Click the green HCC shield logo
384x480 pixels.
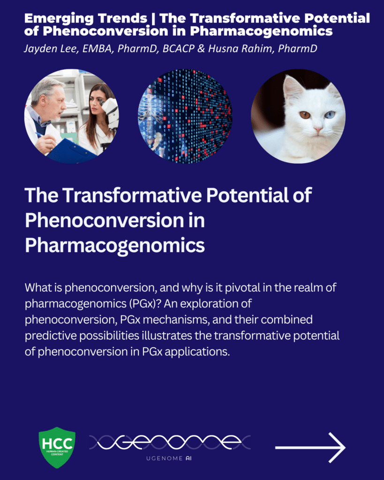coord(57,448)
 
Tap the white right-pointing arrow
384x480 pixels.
coord(310,448)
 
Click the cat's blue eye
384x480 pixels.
coord(330,115)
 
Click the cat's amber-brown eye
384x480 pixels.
coord(305,115)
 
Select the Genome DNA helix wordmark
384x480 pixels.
coord(170,442)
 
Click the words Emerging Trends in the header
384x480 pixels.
coord(86,18)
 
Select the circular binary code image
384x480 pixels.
coord(185,116)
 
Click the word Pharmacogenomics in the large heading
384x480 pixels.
coord(115,246)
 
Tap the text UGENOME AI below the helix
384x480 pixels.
coord(169,458)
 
